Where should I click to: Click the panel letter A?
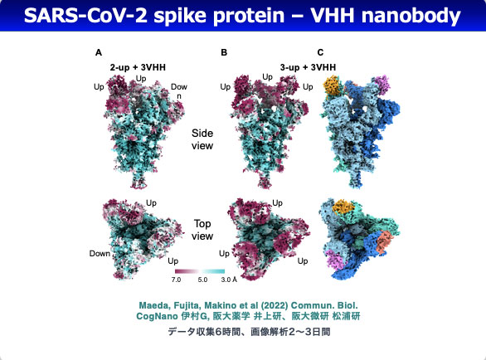[x=99, y=52]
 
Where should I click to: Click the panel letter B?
[x=224, y=52]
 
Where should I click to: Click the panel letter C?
[x=320, y=52]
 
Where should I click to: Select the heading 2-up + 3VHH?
[x=138, y=67]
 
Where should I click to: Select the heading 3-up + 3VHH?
[x=308, y=67]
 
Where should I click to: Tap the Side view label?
[x=202, y=139]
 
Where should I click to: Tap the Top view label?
[x=202, y=230]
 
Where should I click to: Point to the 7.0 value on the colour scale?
[x=176, y=280]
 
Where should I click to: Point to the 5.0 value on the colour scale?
[x=202, y=280]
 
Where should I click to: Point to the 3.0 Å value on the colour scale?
[x=229, y=280]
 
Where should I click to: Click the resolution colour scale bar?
[x=200, y=271]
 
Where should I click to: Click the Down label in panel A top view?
[x=100, y=253]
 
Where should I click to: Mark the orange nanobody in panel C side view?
[x=332, y=85]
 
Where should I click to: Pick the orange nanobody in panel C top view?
[x=343, y=207]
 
